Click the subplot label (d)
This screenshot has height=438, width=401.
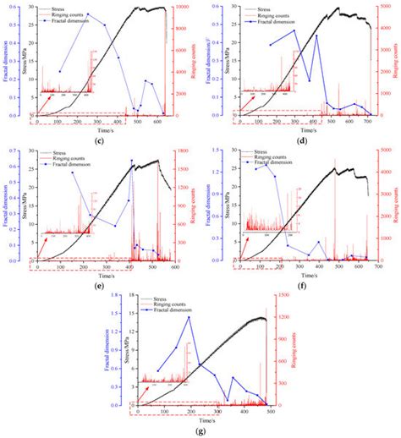point(302,139)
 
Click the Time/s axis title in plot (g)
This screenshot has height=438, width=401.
point(201,420)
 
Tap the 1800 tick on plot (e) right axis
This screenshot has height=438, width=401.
point(184,153)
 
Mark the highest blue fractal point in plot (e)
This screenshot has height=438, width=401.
point(131,160)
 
